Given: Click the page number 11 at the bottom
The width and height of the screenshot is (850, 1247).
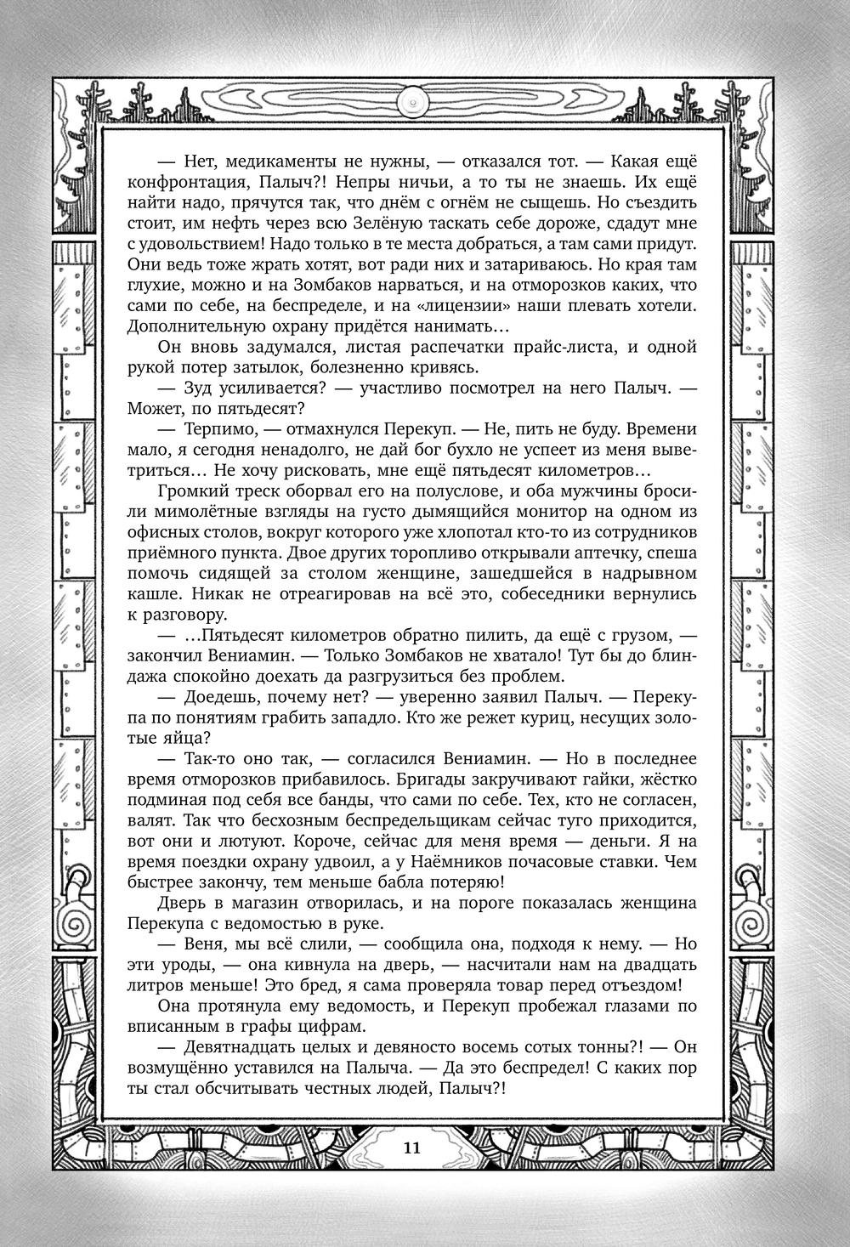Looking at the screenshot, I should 411,1147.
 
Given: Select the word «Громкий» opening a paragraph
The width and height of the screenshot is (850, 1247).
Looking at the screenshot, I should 190,490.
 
